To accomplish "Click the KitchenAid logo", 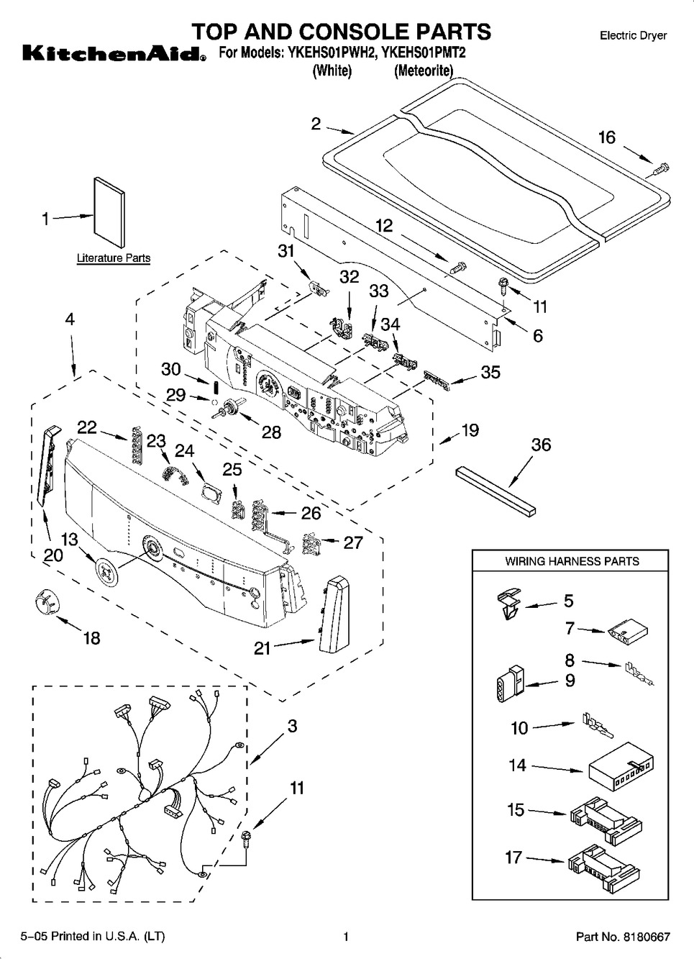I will [110, 53].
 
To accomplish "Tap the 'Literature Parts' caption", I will [114, 258].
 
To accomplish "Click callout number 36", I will [541, 445].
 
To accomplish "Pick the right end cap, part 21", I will [333, 612].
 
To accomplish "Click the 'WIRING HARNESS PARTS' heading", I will [572, 561].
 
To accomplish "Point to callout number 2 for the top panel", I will [316, 124].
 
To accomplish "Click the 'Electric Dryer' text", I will [633, 35].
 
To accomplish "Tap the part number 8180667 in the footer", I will [647, 937].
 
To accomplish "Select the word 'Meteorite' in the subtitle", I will [423, 71].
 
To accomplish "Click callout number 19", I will [470, 430].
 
